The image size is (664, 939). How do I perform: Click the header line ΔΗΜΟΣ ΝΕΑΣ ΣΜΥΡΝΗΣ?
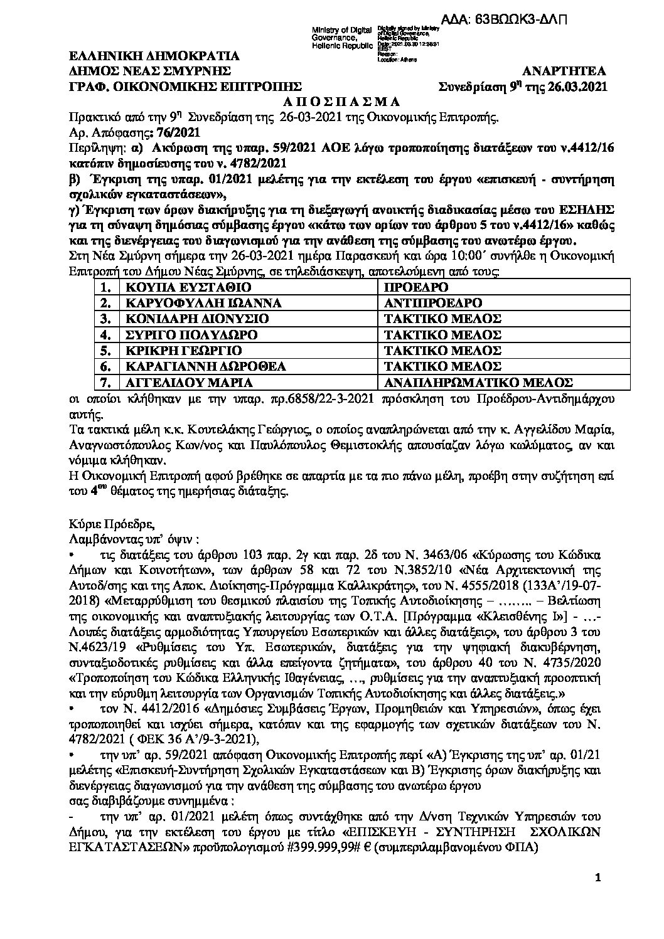(150, 70)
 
